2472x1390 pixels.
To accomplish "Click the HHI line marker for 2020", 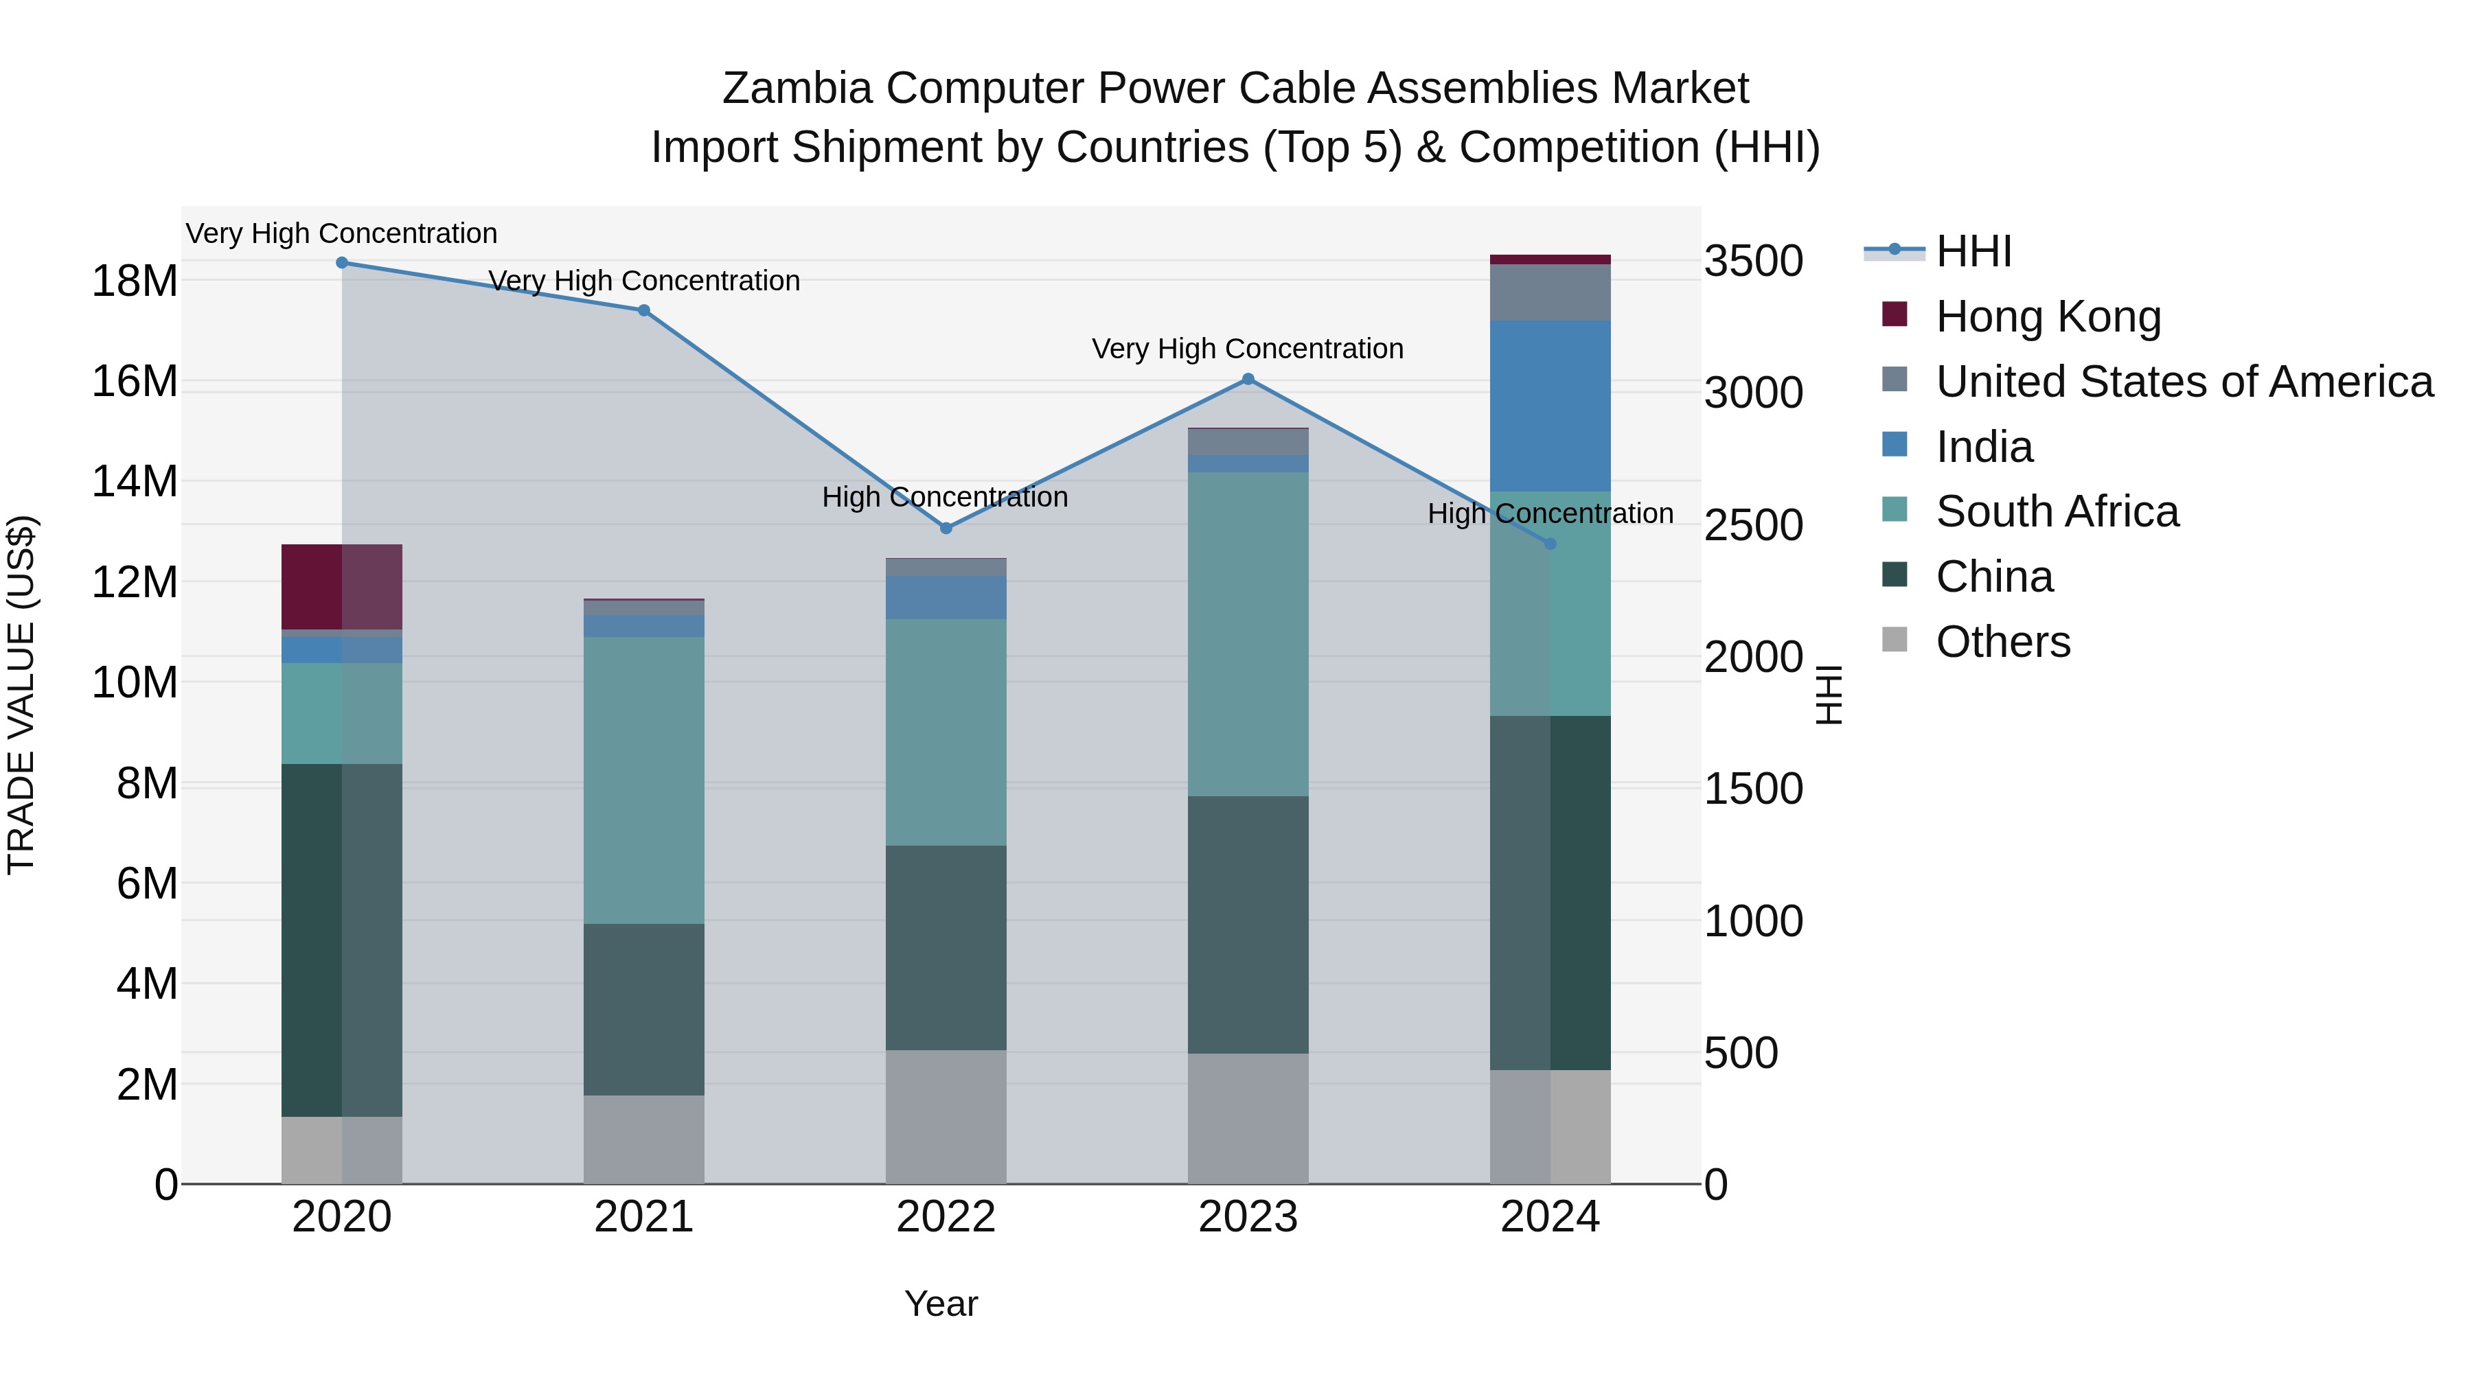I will [x=342, y=262].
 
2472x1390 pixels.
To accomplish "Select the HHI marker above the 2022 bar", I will [x=946, y=528].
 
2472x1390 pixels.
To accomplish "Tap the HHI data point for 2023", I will [x=1248, y=379].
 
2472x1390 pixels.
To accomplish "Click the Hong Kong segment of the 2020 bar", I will [x=342, y=586].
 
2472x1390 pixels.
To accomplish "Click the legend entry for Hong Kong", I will [x=2047, y=316].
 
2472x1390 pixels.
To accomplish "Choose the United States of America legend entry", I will [x=2183, y=382].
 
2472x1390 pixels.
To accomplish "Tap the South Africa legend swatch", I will [x=1895, y=510].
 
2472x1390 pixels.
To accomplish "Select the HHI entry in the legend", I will [x=1972, y=251].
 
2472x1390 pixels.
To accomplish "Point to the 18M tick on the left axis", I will [x=135, y=281].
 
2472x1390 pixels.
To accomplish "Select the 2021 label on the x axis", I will [x=644, y=1217].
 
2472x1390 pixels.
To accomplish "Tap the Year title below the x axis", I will [x=941, y=1304].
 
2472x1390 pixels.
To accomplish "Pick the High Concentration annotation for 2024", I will [x=1550, y=513].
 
